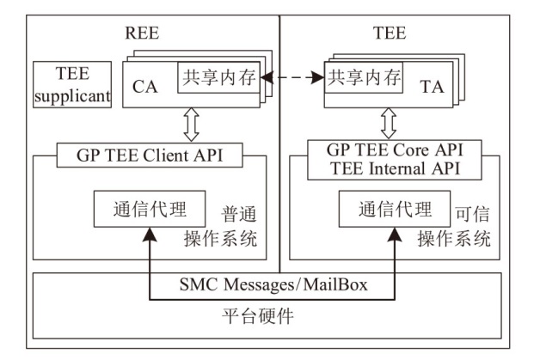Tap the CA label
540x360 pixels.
pyautogui.click(x=144, y=85)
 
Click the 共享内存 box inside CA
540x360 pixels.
pyautogui.click(x=218, y=78)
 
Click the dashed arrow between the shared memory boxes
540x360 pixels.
pyautogui.click(x=291, y=79)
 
